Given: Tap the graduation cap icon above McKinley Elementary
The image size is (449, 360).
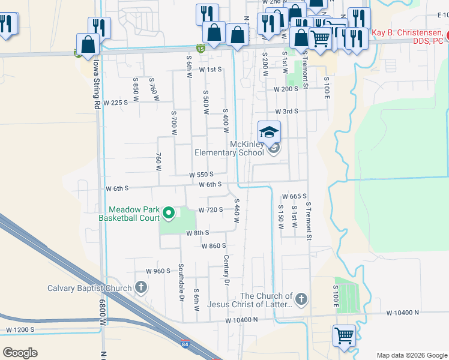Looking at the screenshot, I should coord(270,131).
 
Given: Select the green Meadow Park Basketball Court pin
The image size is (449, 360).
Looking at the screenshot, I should coord(169,212).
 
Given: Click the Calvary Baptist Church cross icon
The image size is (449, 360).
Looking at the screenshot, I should coord(141,287).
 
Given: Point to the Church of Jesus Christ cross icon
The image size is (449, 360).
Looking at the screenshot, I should coord(301,298).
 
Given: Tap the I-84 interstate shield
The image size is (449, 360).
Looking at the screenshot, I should coord(184,344).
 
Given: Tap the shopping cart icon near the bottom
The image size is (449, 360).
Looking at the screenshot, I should coord(344,334).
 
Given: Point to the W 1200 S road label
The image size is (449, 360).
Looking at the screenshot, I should coord(21,330).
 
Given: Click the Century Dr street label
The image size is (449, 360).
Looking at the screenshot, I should coord(226,270).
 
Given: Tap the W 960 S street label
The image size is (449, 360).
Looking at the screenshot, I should coord(159,271).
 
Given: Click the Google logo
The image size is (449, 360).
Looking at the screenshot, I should coord(20,353).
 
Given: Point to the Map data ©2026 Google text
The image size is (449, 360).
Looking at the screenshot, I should coord(412,355).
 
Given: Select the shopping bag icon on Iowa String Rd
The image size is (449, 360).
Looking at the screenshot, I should coord(88,44).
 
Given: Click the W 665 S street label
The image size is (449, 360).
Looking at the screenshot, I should coord(294,196).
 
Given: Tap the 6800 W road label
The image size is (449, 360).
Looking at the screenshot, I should coord(102,313).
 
